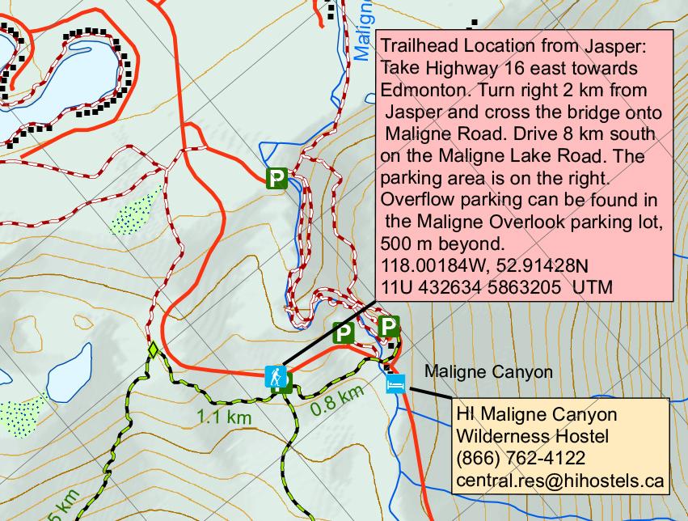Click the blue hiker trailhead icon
click(276, 375)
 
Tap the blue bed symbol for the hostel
click(395, 383)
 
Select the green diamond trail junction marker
click(151, 350)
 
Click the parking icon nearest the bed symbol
click(390, 327)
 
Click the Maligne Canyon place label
click(488, 372)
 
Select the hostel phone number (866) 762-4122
click(520, 460)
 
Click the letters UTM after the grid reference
click(593, 287)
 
